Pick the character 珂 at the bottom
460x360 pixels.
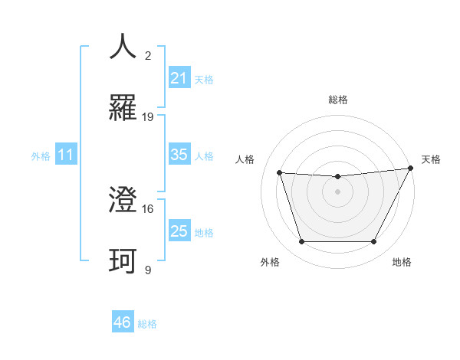click(x=123, y=261)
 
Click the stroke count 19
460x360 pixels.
click(x=148, y=117)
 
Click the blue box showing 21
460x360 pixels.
click(x=179, y=77)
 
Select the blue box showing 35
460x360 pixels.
click(x=179, y=155)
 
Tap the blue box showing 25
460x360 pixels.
click(x=179, y=231)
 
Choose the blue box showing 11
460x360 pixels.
click(x=66, y=155)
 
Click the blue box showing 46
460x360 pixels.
click(x=122, y=322)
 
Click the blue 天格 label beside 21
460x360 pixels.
click(x=204, y=79)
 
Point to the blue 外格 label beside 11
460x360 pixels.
click(x=41, y=155)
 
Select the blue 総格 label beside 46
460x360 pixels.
click(x=147, y=324)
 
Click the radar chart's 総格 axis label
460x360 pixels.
click(x=338, y=100)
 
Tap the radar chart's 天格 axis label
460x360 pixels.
click(x=432, y=159)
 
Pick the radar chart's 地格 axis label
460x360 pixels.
click(x=402, y=263)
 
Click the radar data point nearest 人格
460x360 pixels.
click(x=279, y=173)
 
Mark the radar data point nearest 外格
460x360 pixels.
click(x=301, y=242)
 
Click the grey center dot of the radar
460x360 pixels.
click(x=338, y=191)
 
